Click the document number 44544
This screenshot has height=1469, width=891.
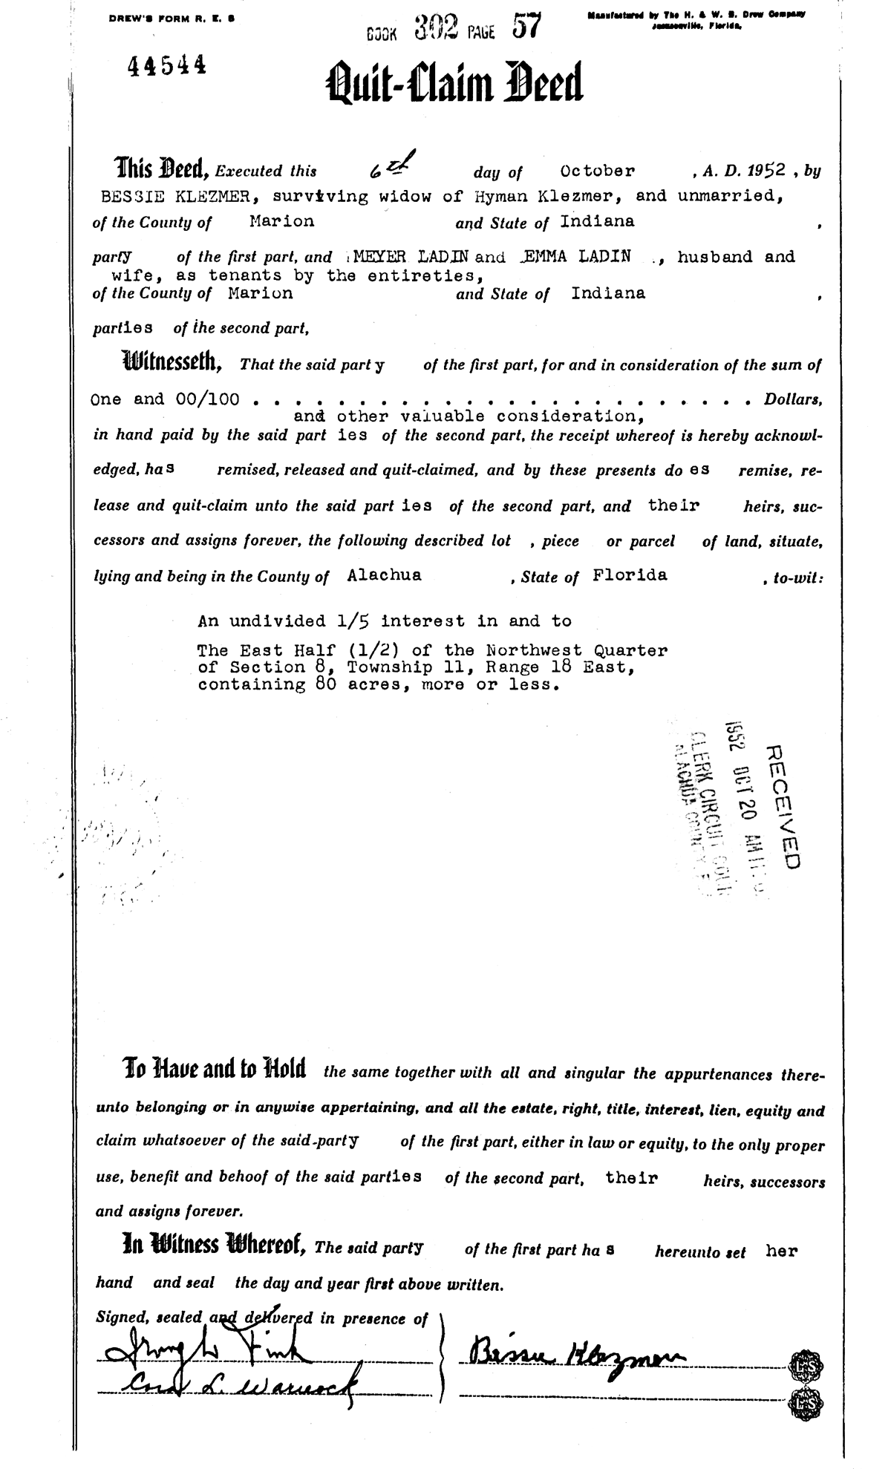tap(167, 67)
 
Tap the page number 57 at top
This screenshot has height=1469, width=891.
tap(527, 27)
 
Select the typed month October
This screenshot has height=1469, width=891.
tap(598, 171)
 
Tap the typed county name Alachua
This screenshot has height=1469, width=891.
tap(384, 575)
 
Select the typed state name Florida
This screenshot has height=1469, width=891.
tap(630, 575)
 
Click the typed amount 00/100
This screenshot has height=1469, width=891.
tap(208, 399)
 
